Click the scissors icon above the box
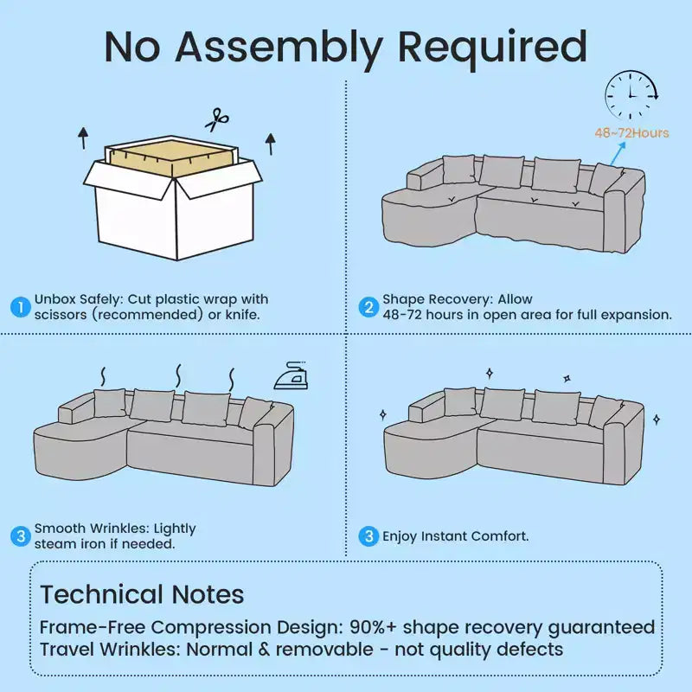(217, 119)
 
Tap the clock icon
(631, 94)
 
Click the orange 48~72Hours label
(631, 133)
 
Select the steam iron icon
(291, 375)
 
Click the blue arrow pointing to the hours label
(618, 153)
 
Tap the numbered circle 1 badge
(20, 307)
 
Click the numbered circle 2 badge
(368, 307)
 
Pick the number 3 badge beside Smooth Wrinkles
(20, 535)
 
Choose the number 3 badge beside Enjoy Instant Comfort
(368, 535)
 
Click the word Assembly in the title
(279, 48)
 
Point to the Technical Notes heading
(142, 594)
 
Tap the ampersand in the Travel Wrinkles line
(264, 650)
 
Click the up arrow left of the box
(83, 138)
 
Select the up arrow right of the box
(271, 144)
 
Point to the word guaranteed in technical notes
(601, 628)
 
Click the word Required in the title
(492, 48)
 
